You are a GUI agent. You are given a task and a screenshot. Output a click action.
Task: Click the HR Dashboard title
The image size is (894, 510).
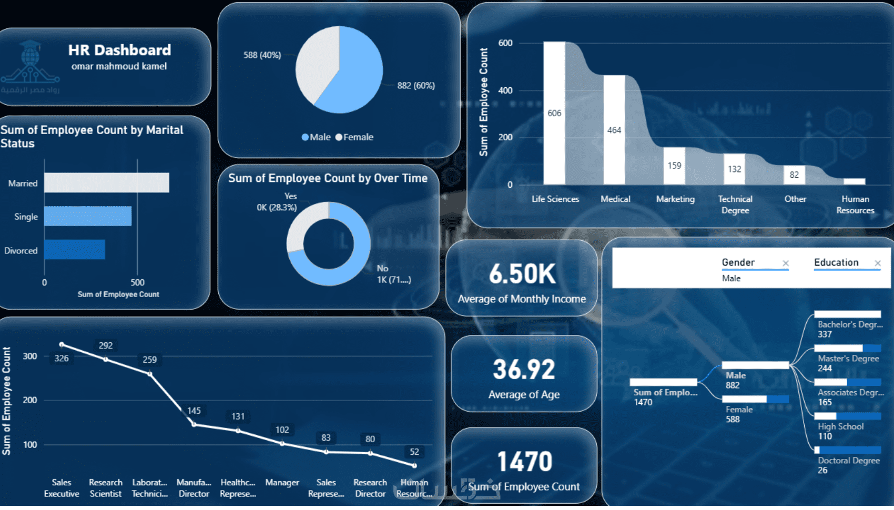point(119,50)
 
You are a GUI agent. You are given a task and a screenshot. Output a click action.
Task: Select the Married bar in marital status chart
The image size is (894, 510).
point(106,183)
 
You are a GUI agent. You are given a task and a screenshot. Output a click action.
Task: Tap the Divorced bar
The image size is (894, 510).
point(74,250)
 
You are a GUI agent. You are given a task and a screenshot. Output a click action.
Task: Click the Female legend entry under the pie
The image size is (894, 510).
point(354,137)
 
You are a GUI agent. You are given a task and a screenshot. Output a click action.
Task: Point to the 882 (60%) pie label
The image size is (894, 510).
point(416,85)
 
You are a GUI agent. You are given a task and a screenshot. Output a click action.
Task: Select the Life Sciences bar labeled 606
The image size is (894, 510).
point(554,113)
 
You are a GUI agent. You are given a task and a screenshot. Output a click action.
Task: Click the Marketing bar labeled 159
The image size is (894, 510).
point(674,166)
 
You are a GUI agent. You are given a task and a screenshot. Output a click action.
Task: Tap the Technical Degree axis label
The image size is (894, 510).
point(735,205)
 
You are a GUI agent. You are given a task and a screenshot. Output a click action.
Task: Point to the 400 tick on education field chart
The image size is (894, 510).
point(505,90)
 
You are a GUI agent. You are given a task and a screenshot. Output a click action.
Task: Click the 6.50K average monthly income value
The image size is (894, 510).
point(522,274)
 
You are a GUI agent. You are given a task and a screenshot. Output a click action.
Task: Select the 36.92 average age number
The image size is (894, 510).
point(524,369)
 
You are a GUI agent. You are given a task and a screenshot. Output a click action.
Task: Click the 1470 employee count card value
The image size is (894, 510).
point(524,462)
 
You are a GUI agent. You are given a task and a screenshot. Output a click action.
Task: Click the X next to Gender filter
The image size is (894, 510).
point(785,263)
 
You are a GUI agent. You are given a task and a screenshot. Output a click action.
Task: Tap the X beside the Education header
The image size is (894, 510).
point(878,263)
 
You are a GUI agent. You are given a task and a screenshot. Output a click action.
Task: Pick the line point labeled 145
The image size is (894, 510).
point(194,424)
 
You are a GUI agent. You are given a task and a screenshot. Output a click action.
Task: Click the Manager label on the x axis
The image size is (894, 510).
point(282,482)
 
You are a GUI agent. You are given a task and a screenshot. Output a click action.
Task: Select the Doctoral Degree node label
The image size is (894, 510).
point(848,461)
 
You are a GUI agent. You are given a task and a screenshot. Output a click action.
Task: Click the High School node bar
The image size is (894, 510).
point(847,416)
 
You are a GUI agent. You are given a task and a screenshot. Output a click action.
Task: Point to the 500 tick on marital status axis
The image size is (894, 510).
point(137,282)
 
